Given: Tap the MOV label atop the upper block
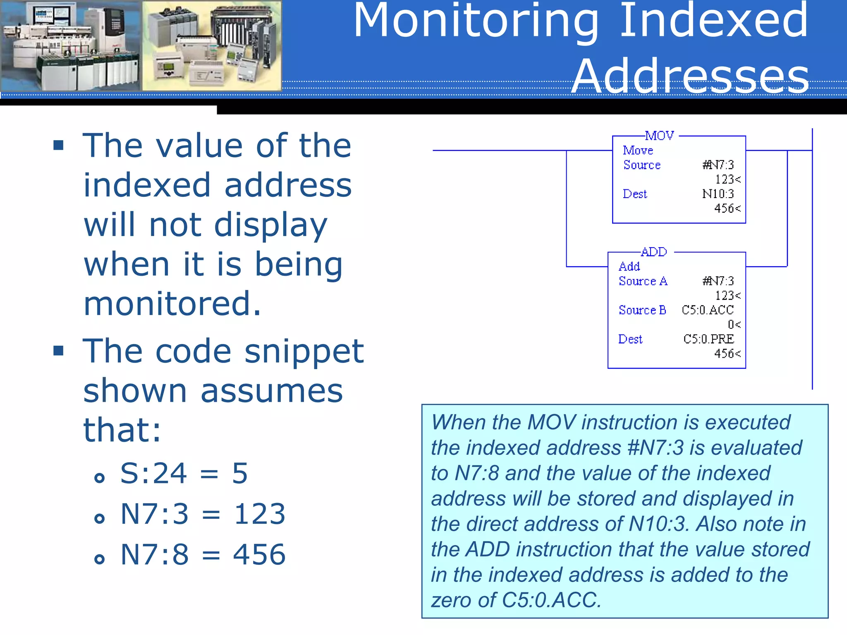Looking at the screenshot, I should point(659,136).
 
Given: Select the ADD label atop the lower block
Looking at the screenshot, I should point(654,252).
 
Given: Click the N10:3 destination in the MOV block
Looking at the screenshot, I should point(718,194).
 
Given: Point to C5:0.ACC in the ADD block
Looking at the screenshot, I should point(708,310).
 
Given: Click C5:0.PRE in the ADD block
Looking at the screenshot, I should point(708,339).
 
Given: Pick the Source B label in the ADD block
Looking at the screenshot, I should point(642,310).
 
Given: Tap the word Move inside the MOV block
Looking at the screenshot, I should point(638,150).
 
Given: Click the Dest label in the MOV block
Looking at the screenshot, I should point(635,194).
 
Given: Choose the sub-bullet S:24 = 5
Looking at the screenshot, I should point(184,473).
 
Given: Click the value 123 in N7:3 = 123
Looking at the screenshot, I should point(260,514).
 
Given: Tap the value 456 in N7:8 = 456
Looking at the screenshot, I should point(259,554).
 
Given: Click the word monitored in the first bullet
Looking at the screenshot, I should point(172,303).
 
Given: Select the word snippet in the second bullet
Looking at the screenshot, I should point(304,351).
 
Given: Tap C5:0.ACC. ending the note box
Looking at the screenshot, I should point(551,600).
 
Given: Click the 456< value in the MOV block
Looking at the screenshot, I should point(727,208).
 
